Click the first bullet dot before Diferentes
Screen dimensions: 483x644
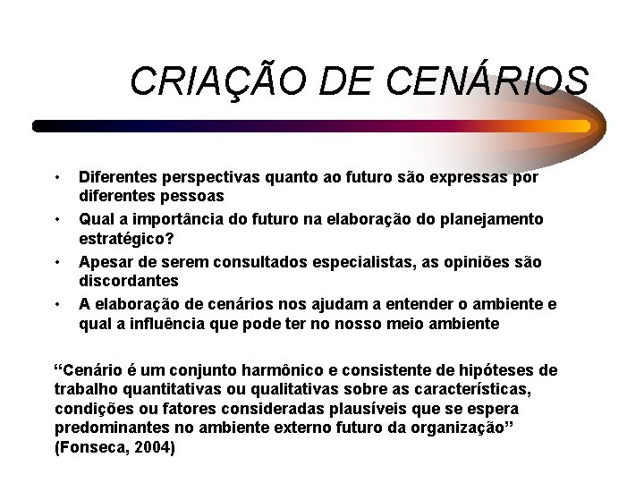57,175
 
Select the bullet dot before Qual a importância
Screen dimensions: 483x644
57,218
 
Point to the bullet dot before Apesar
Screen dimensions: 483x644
57,261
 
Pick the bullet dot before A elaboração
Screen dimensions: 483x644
57,304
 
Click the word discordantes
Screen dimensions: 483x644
128,281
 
